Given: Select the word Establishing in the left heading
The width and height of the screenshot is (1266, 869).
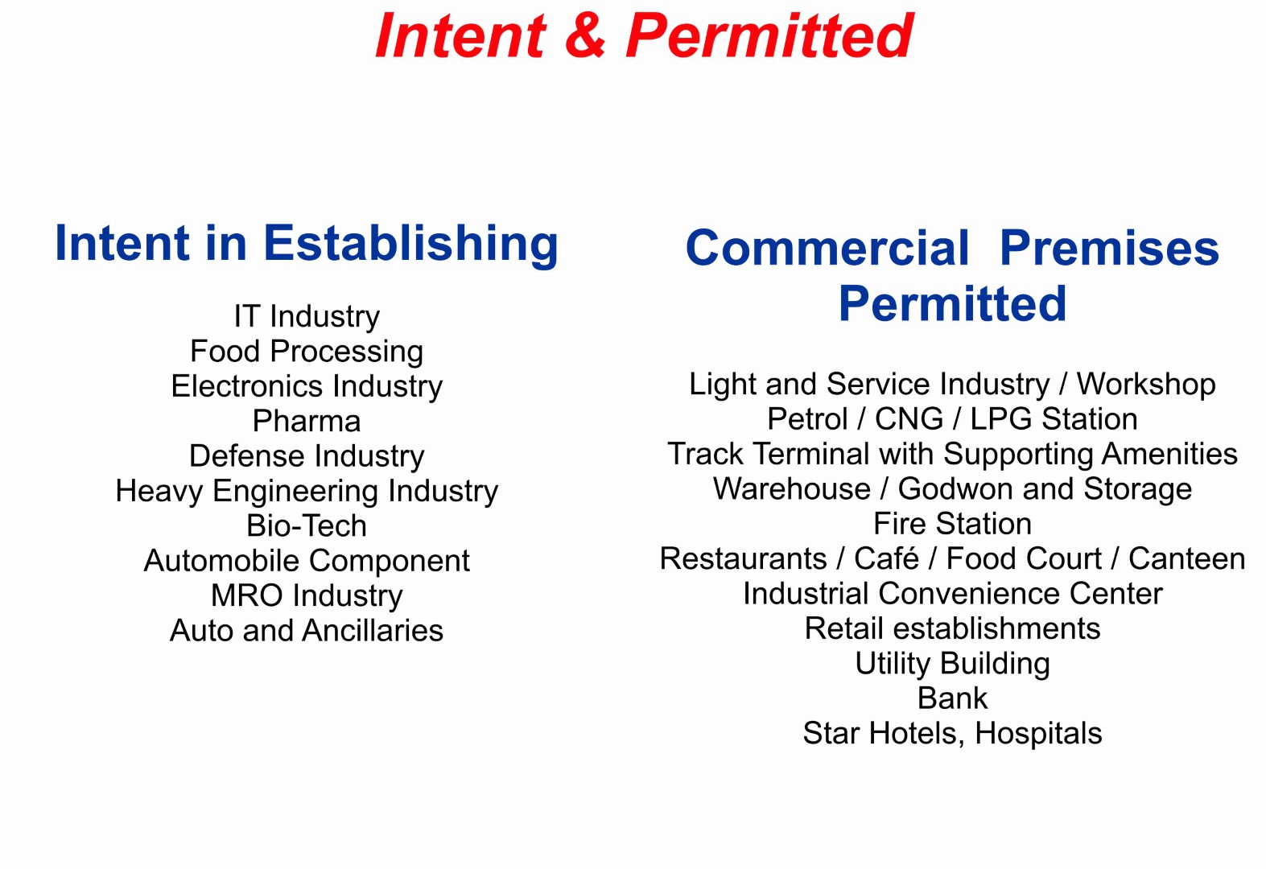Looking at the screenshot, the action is (410, 244).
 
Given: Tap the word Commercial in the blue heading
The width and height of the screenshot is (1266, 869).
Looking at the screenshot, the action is (827, 248).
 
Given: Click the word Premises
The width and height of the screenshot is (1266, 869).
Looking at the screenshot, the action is (1109, 248).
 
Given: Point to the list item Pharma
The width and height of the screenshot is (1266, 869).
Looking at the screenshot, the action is (307, 421).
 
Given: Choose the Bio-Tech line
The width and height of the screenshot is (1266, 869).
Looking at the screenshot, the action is (307, 525).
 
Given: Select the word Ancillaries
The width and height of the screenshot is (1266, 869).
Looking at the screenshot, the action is (373, 631).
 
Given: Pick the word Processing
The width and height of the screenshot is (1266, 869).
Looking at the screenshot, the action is (346, 352).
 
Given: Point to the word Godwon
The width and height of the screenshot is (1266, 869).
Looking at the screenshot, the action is (955, 488).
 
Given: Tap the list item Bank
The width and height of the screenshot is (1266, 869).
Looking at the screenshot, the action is (952, 698).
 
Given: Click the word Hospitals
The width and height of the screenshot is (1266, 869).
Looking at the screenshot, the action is (1038, 733).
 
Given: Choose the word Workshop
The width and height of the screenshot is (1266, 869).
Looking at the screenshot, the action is (1145, 385).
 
